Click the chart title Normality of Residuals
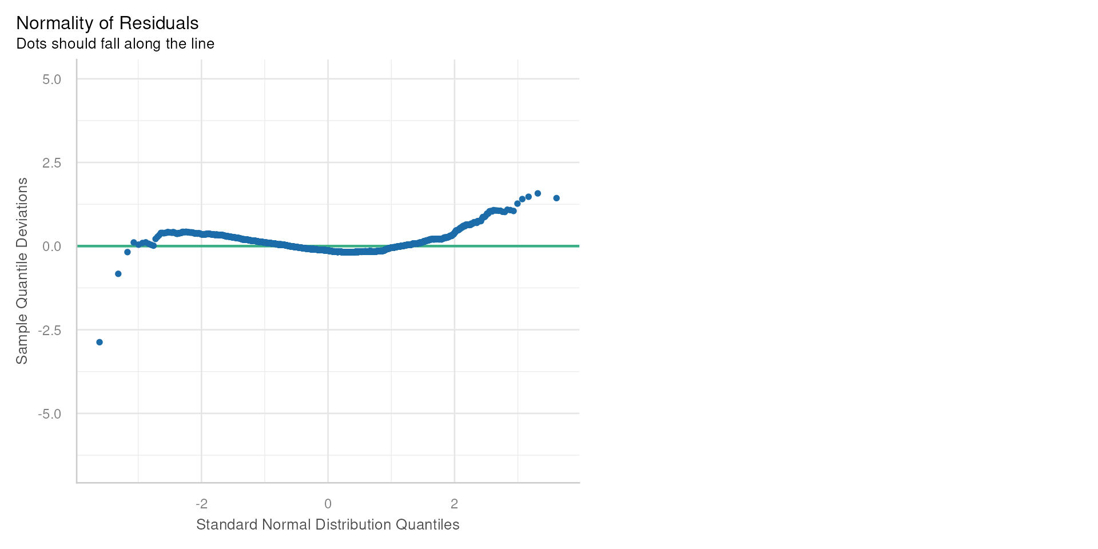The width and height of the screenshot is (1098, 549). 108,23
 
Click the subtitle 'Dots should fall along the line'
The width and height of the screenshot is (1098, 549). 116,44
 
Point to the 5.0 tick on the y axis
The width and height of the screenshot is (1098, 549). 51,79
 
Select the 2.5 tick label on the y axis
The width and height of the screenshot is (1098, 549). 51,163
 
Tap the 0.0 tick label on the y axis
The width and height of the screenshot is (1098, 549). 51,246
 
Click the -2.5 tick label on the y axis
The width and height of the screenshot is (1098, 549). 49,330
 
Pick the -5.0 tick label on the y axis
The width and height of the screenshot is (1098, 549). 49,413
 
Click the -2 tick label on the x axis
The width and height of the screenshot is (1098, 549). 201,504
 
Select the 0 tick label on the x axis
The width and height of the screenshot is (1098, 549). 328,504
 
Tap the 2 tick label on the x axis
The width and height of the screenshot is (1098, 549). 454,504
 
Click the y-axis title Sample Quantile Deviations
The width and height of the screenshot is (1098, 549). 22,270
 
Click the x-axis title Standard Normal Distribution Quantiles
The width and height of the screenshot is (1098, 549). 328,525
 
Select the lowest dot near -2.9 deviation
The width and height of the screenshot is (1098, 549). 100,342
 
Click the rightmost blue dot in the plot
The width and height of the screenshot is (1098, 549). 556,198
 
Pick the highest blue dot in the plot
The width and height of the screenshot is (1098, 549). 538,193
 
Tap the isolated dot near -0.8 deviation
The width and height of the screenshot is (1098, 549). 118,274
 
